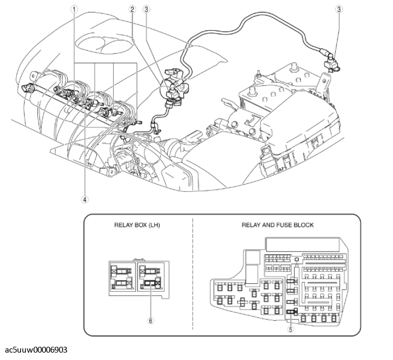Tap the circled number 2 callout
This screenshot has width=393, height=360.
coord(132,9)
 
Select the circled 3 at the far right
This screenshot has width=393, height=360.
coord(340,9)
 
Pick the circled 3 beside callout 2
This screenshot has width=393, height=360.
coord(146,9)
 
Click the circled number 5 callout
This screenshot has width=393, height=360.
coord(290,329)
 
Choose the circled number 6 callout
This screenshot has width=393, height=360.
coord(151,306)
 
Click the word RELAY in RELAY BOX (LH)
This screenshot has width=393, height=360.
coord(124,225)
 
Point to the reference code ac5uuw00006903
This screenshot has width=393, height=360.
coord(36,350)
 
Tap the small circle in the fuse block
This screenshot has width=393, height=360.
coord(297,260)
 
